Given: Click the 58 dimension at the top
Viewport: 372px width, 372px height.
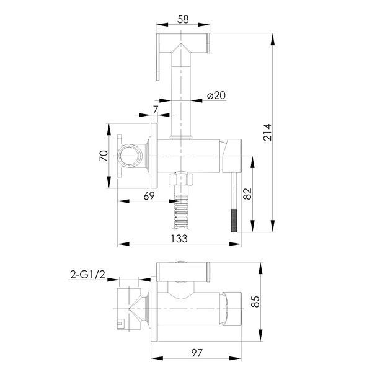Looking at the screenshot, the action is point(183,19).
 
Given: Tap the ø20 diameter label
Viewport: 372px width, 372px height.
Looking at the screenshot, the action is point(216,95).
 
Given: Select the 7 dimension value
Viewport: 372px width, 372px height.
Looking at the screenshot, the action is point(156,110).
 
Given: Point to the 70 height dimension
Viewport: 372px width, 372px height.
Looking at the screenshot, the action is point(104,156).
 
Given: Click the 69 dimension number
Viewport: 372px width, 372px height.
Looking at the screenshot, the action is point(149,196).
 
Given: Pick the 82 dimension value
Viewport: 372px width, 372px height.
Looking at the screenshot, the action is point(247,194).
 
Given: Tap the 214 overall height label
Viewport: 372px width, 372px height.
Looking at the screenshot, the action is point(267,133).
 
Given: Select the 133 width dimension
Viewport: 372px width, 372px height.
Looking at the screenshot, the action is point(179,239).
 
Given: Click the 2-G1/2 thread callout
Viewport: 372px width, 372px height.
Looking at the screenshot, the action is point(87,275).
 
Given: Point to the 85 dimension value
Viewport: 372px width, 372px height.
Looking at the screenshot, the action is point(255,302).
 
